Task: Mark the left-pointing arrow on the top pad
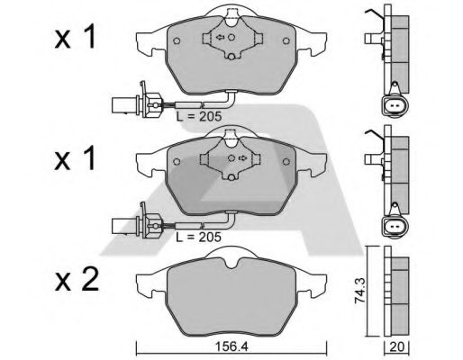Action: tap(219, 38)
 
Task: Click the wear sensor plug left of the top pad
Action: tap(121, 103)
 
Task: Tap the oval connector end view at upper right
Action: tap(393, 104)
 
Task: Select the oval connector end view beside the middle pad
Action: tap(393, 225)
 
